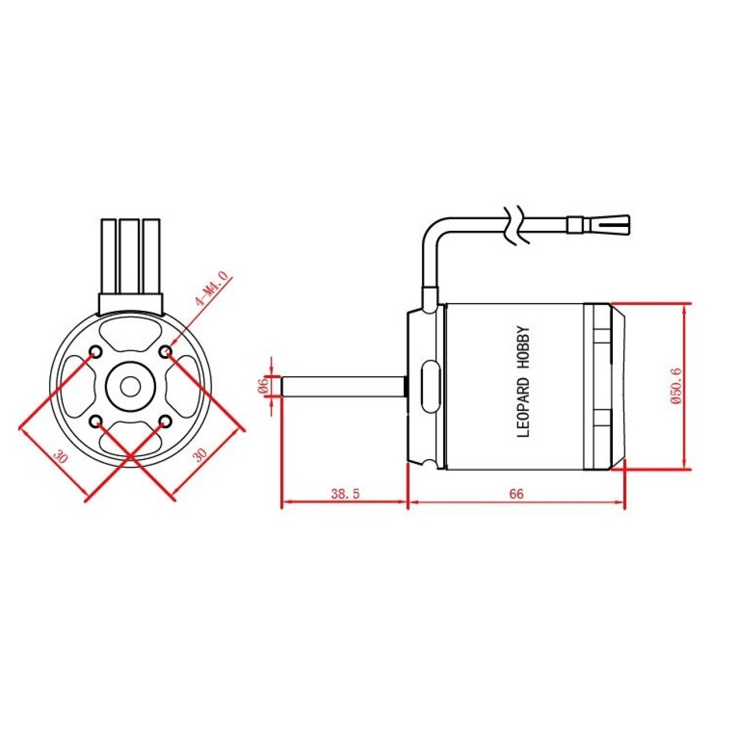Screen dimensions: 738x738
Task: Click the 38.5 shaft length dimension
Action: coord(345,494)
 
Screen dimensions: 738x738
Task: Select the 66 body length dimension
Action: coord(516,494)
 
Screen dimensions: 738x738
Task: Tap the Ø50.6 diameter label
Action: coord(675,386)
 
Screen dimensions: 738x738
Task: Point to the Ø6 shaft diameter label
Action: coord(261,386)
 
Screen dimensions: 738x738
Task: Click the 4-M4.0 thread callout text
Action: coord(211,289)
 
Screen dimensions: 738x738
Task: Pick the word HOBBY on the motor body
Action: coord(524,347)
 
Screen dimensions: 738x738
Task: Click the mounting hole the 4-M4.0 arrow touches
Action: coord(165,352)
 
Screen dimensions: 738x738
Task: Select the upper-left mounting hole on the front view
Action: coord(96,352)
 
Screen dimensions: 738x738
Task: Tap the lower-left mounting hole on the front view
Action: coord(96,420)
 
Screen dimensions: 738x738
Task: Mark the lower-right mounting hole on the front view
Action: coord(165,420)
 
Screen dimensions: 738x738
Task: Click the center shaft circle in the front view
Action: coord(130,386)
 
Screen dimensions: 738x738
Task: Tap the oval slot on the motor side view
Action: coord(430,386)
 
